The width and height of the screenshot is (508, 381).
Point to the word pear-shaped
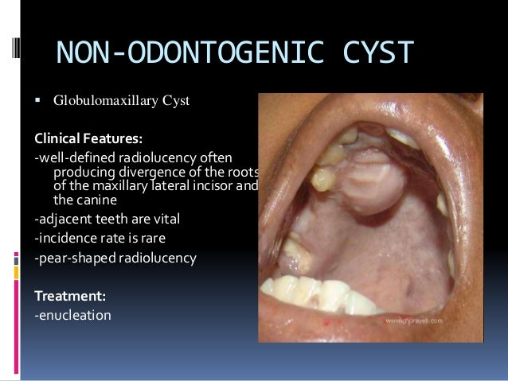[76, 259]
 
